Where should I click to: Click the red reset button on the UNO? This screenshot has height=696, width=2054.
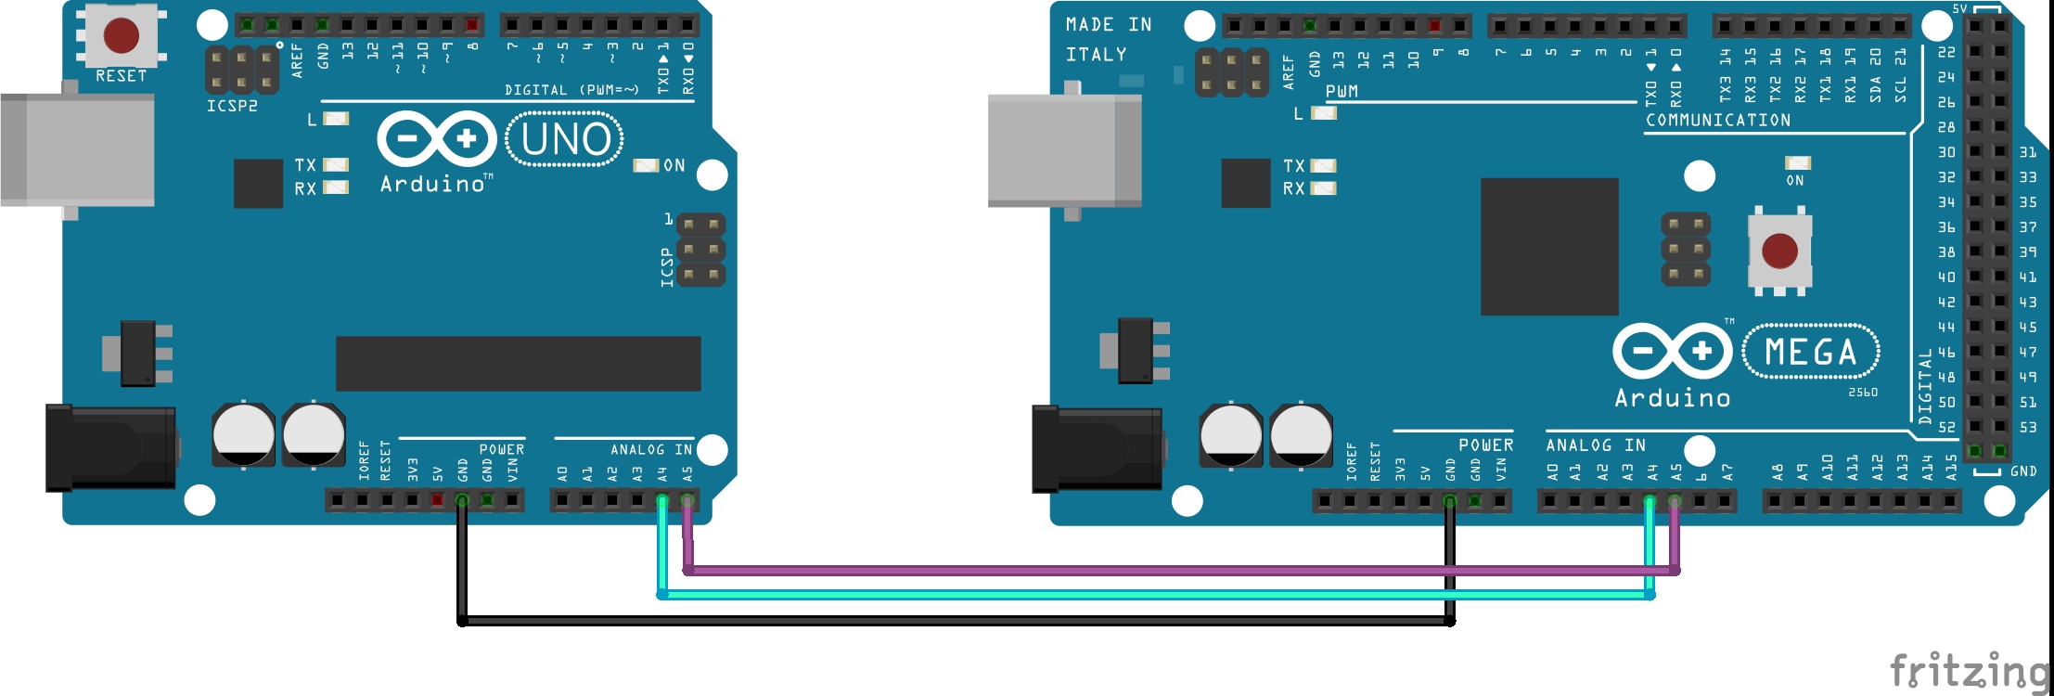coord(122,35)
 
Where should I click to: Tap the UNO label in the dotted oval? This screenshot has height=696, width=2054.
coord(565,140)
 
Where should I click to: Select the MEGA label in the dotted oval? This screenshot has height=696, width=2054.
coord(1810,353)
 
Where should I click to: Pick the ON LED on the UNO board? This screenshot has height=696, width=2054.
coord(645,165)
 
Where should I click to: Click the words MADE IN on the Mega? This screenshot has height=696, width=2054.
coord(1108,25)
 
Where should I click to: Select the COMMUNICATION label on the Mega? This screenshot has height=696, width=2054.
coord(1717,121)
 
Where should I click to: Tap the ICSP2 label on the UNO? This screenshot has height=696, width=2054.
coord(232,106)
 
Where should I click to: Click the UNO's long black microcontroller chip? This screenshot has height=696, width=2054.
coord(518,364)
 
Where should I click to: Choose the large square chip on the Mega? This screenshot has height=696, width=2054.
coord(1548,247)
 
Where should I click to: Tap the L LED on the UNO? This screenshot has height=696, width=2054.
coord(336,119)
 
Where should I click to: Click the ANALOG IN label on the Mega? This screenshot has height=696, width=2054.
coord(1595,445)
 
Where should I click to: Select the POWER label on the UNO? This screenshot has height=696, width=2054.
coord(501,449)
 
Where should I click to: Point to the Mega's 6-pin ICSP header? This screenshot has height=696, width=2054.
coord(1685,249)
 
